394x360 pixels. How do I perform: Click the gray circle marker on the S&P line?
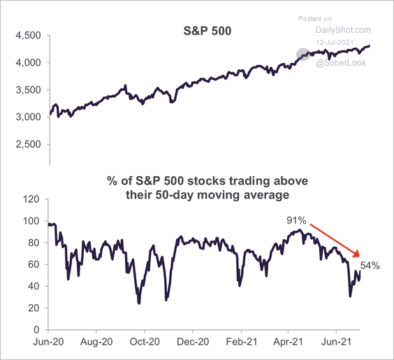303,54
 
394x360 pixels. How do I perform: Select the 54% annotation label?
370,266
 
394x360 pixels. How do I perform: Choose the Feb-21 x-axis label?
241,343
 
